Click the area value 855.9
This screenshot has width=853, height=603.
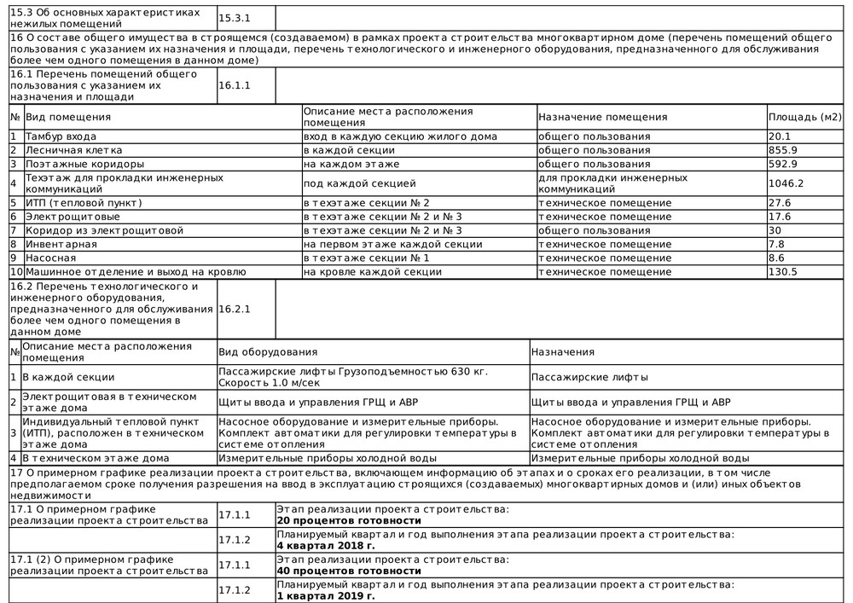tap(783, 150)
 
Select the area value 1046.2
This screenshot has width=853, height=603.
tap(786, 183)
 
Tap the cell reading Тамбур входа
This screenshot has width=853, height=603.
tap(61, 136)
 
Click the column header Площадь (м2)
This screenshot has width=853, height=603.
tap(804, 117)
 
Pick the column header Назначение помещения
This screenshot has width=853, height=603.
tap(602, 117)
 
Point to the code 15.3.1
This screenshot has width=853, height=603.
tap(235, 17)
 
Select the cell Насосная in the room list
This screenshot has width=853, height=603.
tap(50, 258)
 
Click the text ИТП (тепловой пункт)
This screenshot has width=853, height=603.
tap(83, 203)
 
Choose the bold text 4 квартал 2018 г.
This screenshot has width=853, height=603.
tap(326, 545)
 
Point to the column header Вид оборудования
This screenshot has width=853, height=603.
tap(268, 352)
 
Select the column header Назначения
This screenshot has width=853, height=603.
tap(562, 352)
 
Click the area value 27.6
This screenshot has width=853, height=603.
tap(780, 203)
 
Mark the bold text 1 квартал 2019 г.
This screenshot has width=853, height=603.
tap(326, 596)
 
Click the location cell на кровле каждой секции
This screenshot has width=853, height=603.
tap(373, 272)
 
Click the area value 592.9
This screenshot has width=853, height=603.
tap(783, 164)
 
